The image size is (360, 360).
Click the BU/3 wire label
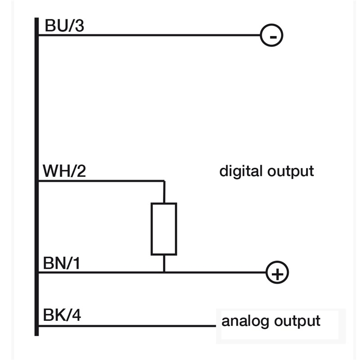[x=64, y=26]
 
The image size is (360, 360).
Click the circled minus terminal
[x=271, y=35]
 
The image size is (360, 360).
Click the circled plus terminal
[x=277, y=273]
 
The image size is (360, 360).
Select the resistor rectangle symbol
[x=164, y=229]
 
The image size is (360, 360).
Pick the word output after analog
[x=297, y=321]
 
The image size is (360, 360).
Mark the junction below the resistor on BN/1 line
[x=164, y=272]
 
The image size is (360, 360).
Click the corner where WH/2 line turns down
[x=164, y=181]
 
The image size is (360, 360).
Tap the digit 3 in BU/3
[x=79, y=26]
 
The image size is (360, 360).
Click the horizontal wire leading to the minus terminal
[x=148, y=35]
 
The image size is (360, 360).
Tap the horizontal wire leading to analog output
[x=126, y=325]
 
